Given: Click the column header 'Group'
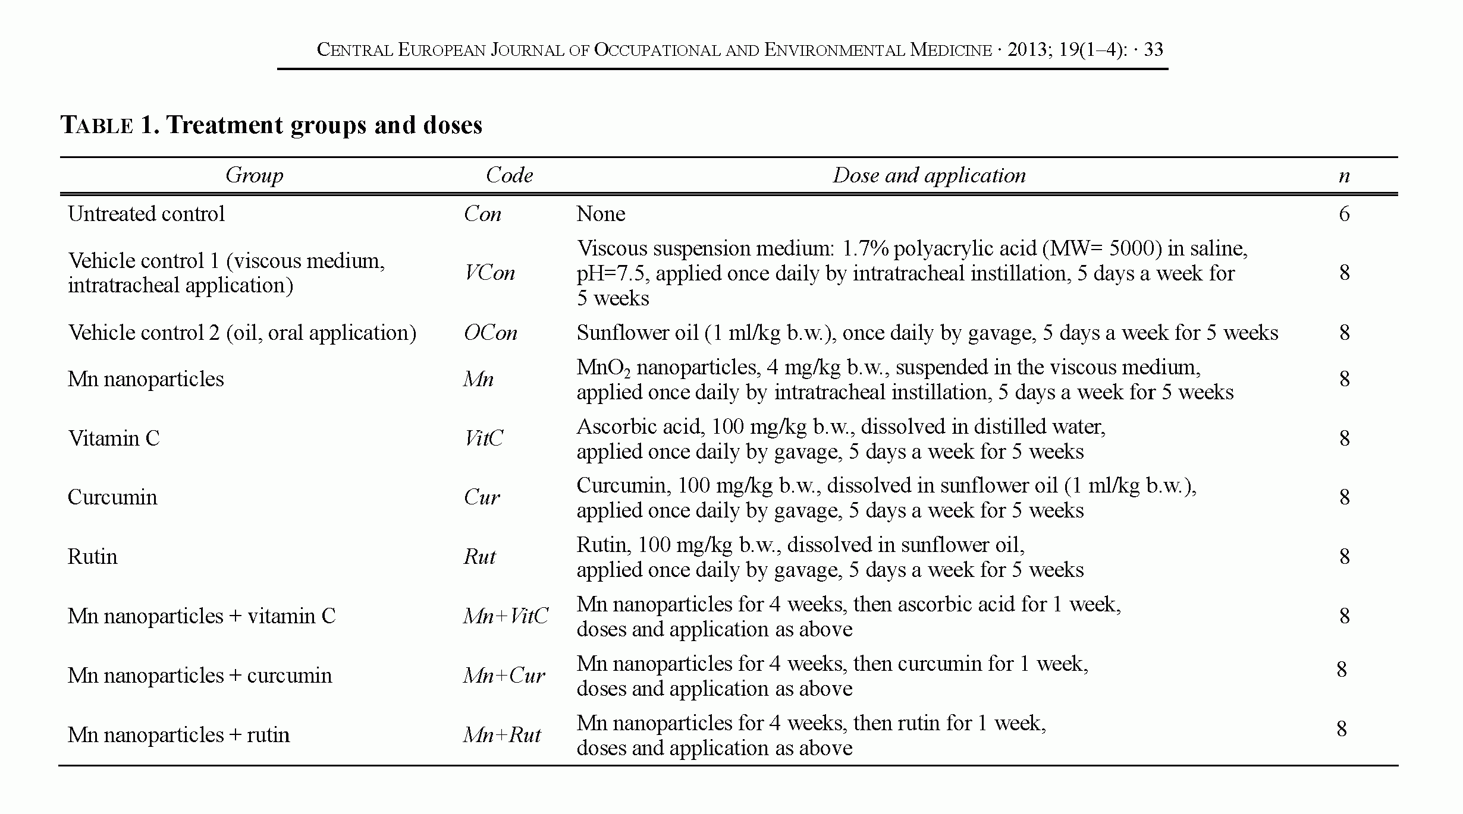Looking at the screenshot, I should (254, 175).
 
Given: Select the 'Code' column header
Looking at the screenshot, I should (509, 175).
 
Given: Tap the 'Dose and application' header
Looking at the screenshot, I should (929, 175).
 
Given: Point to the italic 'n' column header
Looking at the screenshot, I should (1344, 176).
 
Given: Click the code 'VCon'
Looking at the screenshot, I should (489, 273).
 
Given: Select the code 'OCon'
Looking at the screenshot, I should (491, 333).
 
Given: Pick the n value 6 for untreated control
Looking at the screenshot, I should (1344, 214).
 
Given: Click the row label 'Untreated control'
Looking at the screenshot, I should (146, 214).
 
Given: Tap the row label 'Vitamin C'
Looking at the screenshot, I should (114, 438).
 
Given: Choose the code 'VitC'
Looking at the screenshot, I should (484, 438).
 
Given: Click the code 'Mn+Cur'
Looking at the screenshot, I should (504, 676).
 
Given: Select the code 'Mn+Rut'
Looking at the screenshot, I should (502, 735).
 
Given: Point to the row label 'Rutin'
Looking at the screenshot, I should (92, 557).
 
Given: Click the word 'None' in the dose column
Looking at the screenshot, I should (601, 214).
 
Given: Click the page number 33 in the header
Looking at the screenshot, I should (1153, 49).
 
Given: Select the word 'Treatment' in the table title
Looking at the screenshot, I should (224, 125).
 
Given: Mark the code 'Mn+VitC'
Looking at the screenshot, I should (506, 616).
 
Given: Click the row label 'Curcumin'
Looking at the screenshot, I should (112, 497).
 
